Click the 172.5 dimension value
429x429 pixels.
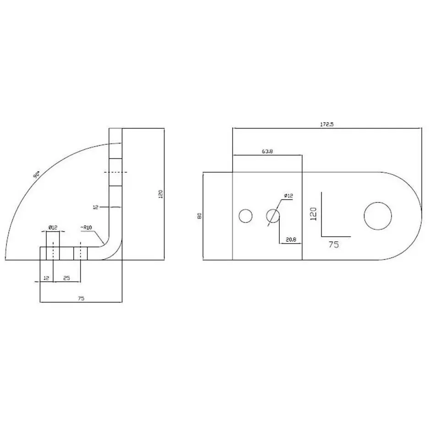tap(327, 124)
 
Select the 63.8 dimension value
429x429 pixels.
tap(267, 151)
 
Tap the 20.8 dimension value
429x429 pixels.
tap(291, 239)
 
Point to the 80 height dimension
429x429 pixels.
tap(200, 216)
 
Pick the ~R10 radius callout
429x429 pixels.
tap(86, 228)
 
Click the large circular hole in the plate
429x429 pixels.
tap(378, 216)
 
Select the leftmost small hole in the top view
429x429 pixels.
tap(245, 216)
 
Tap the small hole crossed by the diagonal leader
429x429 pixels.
tap(273, 216)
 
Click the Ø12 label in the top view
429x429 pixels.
tap(288, 195)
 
